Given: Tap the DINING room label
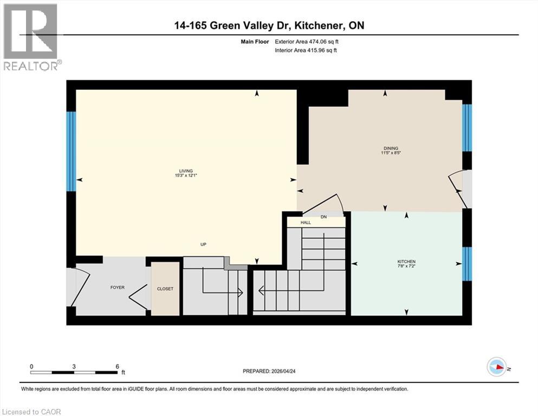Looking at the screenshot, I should point(390,148).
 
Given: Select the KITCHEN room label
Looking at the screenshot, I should point(406,262).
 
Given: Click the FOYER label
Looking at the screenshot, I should point(117,287).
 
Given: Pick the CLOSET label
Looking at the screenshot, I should point(165,289).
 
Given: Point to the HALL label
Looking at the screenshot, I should point(306,222).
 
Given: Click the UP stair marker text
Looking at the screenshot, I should point(204,244).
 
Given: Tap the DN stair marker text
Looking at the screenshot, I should point(324,217).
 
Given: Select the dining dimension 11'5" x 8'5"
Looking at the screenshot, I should point(390,153).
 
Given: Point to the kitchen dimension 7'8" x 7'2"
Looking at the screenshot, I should point(406,266).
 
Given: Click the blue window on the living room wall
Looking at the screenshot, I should point(71,151).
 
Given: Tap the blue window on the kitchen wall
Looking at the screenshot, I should point(467,264).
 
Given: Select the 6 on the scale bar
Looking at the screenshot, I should point(116,367).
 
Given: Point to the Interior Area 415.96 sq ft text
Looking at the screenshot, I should point(307,50).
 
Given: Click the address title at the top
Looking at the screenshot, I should point(269,25).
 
